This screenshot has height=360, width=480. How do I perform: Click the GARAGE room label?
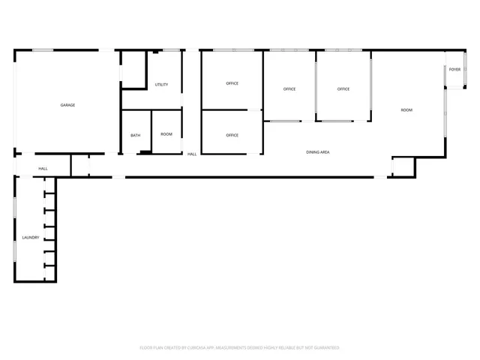(x=67, y=105)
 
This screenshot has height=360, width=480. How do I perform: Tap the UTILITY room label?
(x=161, y=85)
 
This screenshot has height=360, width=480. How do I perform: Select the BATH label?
(x=136, y=135)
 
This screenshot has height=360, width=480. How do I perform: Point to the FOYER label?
(x=454, y=69)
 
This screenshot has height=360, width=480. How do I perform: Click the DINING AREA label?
(x=318, y=152)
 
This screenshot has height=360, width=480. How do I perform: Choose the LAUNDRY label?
(x=31, y=238)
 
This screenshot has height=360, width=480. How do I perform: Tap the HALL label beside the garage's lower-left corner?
(x=43, y=168)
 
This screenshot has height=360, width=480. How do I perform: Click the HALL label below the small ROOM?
(x=192, y=154)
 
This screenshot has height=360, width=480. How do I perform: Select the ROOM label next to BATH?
(x=166, y=134)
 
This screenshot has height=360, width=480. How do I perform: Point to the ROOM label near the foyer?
(x=406, y=110)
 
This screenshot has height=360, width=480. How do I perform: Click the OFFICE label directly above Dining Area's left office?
(x=232, y=135)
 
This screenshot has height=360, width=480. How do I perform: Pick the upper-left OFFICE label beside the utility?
(x=232, y=83)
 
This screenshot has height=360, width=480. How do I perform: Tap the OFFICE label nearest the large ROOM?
(x=343, y=89)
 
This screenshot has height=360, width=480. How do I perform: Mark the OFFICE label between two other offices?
(x=289, y=89)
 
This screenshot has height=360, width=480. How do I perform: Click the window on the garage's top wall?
(x=42, y=50)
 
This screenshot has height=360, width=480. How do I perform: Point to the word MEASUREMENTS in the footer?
(x=233, y=348)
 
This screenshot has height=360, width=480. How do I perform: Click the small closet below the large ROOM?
(x=403, y=166)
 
